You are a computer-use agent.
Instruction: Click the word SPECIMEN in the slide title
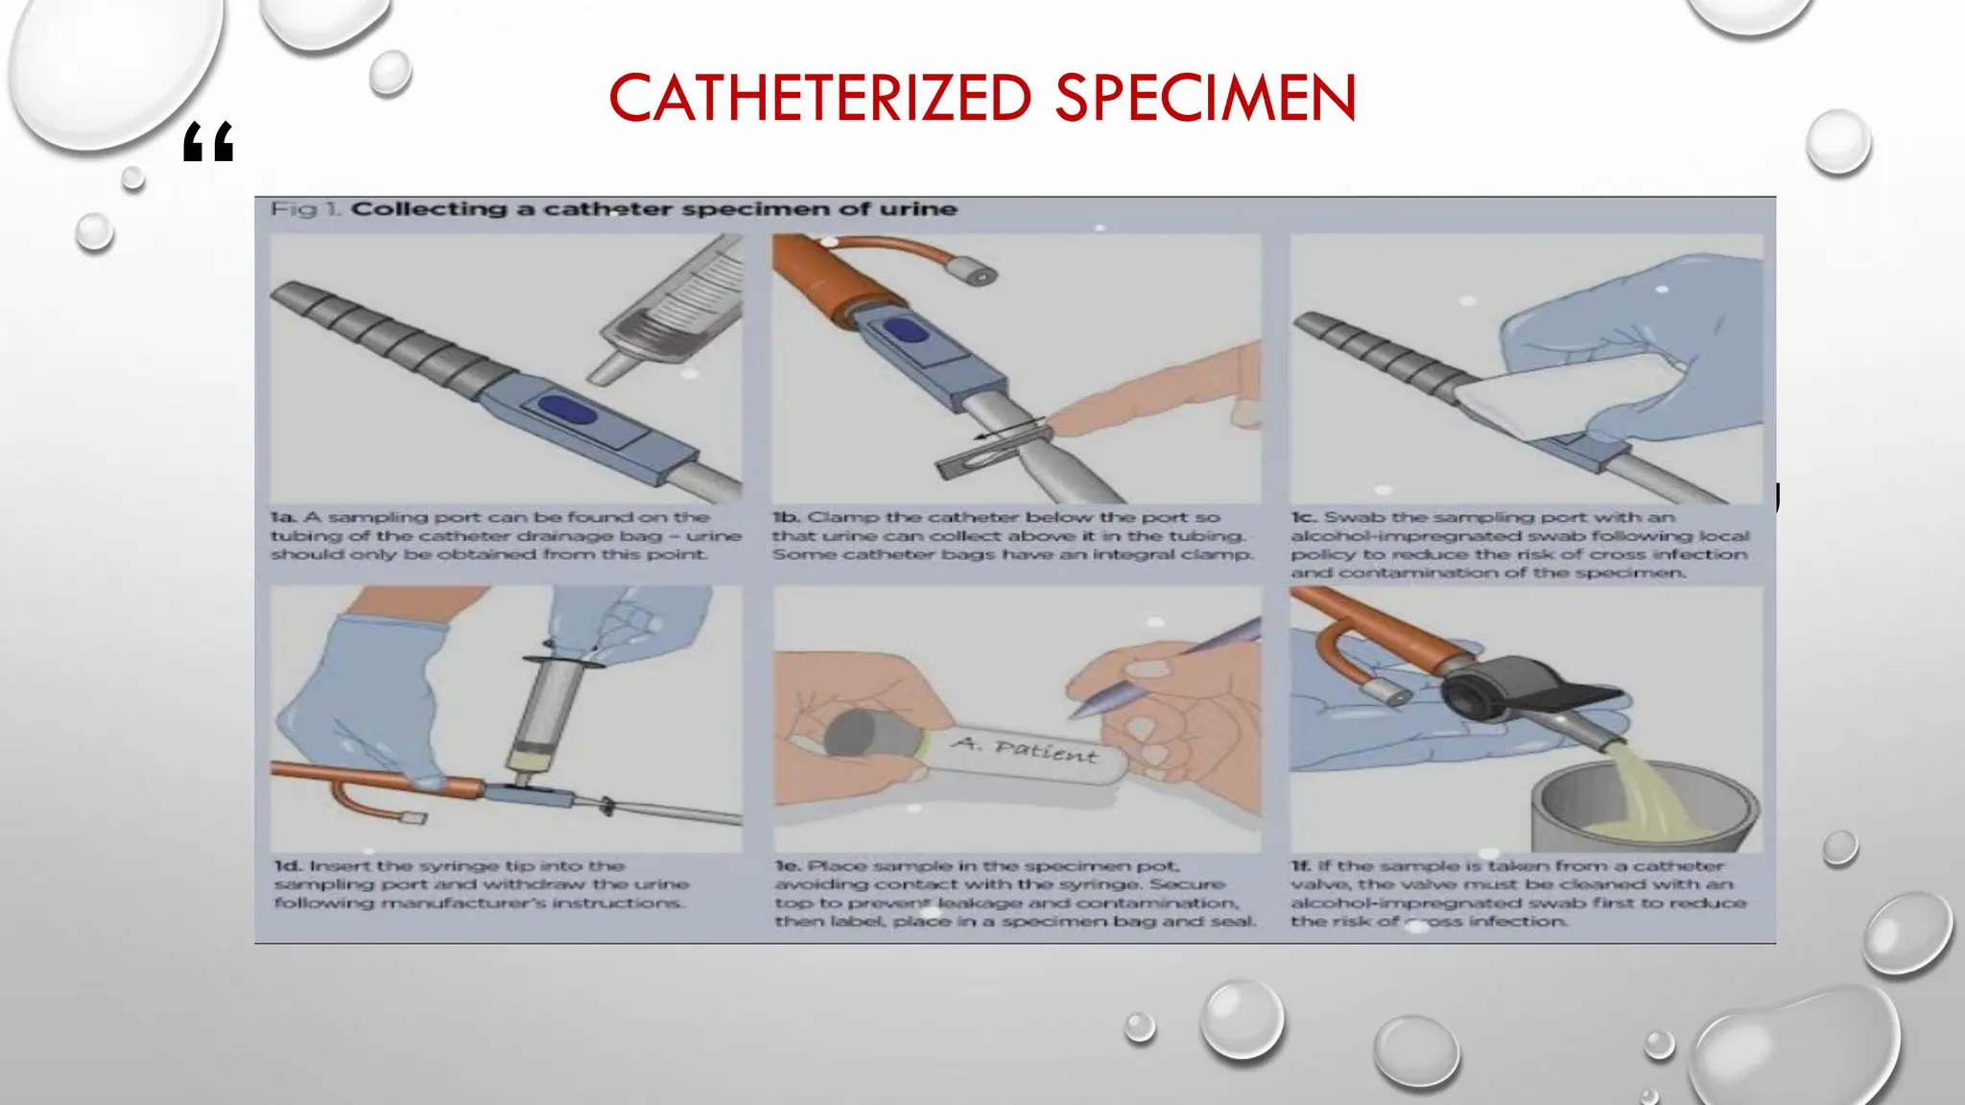click(x=1205, y=98)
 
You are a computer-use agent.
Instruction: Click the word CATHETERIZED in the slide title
click(x=820, y=98)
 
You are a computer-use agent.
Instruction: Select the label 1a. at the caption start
click(x=284, y=517)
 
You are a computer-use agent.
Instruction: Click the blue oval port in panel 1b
click(x=906, y=331)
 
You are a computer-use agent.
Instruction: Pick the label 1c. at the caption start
click(x=1304, y=517)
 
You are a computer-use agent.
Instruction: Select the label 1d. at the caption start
click(x=288, y=866)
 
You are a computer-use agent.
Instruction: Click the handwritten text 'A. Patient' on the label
click(x=1023, y=749)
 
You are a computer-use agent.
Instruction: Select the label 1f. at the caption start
click(x=1302, y=866)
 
